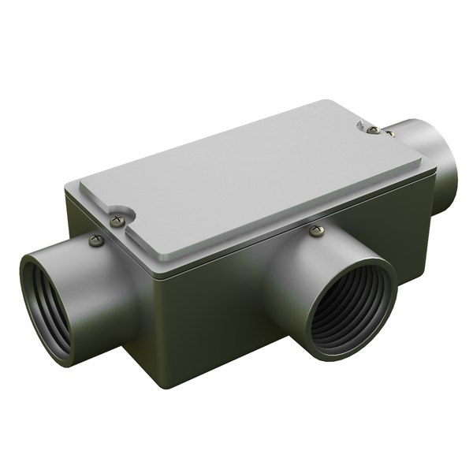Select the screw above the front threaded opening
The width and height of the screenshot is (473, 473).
pos(317,231)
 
